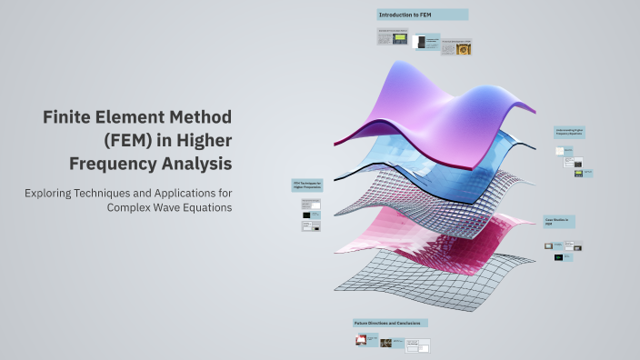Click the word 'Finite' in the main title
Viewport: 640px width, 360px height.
click(69, 117)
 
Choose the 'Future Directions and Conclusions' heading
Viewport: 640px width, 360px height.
click(389, 323)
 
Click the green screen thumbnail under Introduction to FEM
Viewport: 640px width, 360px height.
click(398, 39)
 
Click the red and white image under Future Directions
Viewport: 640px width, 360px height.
click(361, 341)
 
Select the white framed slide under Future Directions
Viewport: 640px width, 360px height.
click(417, 345)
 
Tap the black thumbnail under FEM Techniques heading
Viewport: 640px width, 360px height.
click(311, 216)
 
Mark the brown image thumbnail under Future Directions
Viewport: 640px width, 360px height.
click(385, 343)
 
